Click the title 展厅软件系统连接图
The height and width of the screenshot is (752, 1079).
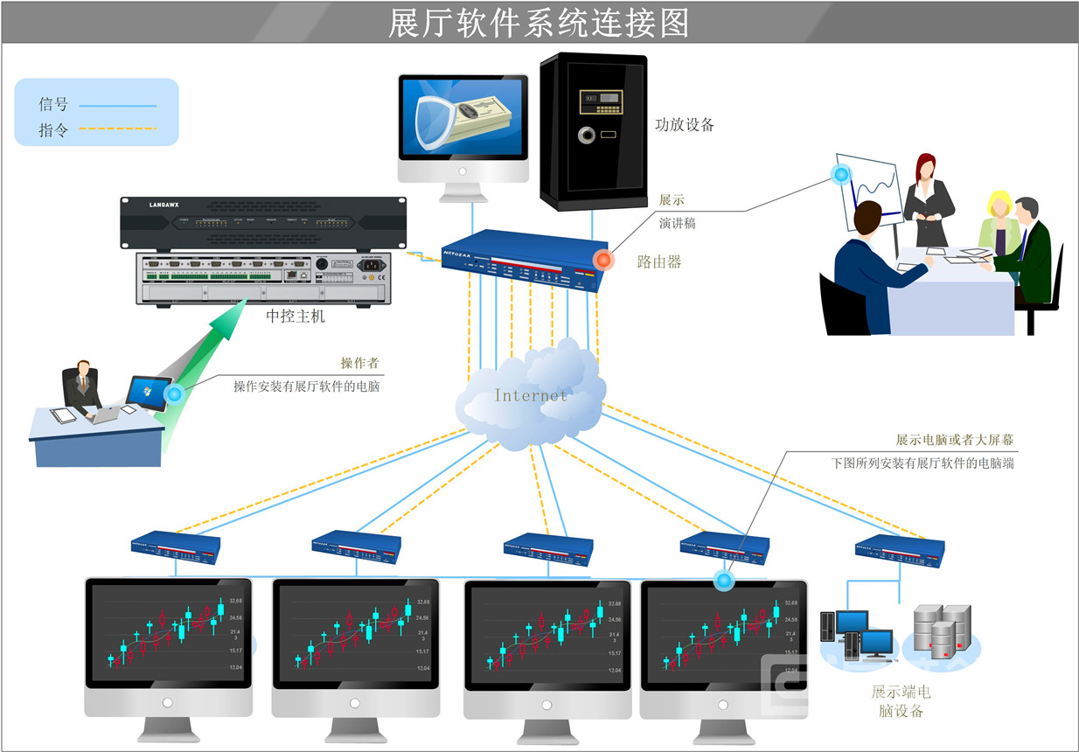pyautogui.click(x=539, y=23)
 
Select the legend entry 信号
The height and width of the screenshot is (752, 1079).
pyautogui.click(x=53, y=105)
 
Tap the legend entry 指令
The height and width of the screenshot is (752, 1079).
pyautogui.click(x=53, y=130)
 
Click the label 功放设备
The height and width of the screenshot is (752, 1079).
pyautogui.click(x=685, y=125)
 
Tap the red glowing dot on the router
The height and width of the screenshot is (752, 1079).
pyautogui.click(x=603, y=260)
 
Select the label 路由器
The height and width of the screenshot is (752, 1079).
pyautogui.click(x=659, y=261)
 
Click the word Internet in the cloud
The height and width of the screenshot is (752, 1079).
pyautogui.click(x=530, y=395)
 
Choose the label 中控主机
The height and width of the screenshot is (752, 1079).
pyautogui.click(x=295, y=316)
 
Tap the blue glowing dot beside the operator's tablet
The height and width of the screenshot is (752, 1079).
pyautogui.click(x=174, y=394)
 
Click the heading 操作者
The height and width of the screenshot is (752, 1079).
pyautogui.click(x=359, y=363)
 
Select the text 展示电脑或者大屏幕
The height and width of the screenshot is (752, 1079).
pyautogui.click(x=953, y=440)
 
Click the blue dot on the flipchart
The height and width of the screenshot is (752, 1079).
pyautogui.click(x=841, y=173)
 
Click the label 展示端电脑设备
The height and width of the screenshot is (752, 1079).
pyautogui.click(x=901, y=701)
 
